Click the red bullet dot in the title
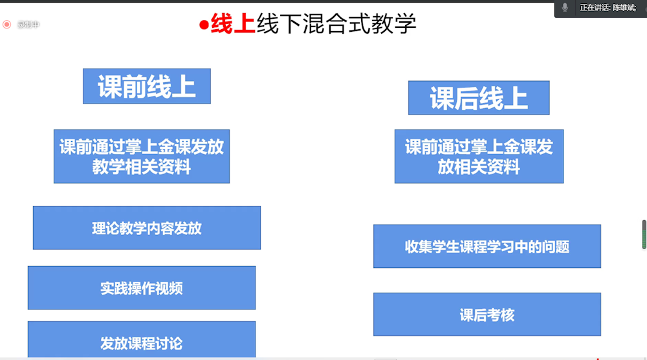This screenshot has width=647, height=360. click(203, 25)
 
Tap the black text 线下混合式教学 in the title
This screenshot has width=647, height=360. click(336, 24)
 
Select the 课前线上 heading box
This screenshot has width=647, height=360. click(146, 86)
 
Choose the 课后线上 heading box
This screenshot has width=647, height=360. click(478, 98)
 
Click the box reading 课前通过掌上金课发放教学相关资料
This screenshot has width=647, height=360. click(141, 157)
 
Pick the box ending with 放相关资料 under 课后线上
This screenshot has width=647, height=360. click(479, 157)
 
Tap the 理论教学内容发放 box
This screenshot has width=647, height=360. click(146, 228)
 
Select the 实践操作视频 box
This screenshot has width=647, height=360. click(141, 288)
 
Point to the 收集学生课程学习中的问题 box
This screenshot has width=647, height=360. click(487, 247)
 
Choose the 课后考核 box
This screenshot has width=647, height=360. click(487, 315)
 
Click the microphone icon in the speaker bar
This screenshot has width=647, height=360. click(565, 7)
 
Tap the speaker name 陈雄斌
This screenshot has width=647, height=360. click(624, 7)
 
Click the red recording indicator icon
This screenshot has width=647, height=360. click(6, 25)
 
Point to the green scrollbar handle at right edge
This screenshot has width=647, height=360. click(644, 234)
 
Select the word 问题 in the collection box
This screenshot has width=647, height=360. click(556, 247)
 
